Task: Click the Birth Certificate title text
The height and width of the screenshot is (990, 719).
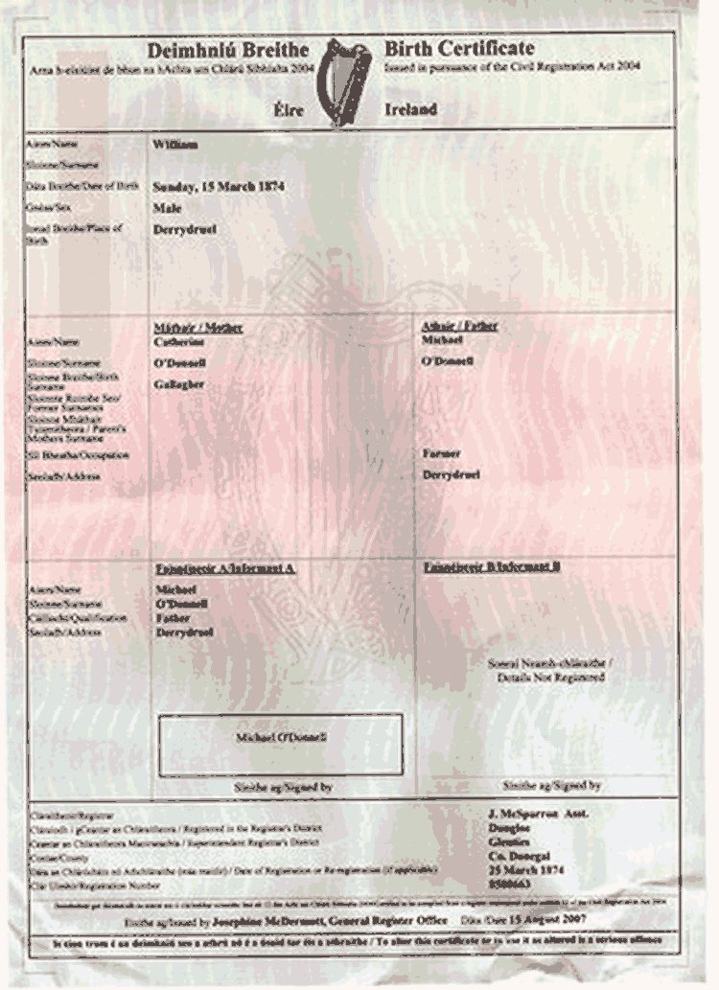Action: pos(459,49)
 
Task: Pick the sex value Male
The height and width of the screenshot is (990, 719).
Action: pos(168,207)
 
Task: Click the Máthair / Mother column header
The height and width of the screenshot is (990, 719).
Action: pos(198,328)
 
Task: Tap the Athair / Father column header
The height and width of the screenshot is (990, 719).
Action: pos(459,327)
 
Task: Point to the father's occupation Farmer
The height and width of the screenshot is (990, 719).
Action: pos(441,452)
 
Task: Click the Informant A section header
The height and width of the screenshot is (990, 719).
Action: pos(224,569)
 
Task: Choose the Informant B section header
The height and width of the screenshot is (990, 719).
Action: pos(492,567)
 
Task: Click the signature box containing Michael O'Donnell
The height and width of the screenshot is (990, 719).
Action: pos(281,744)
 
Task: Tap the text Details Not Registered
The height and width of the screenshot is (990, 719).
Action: pos(550,678)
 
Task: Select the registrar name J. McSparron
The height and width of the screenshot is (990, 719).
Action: pos(525,815)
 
